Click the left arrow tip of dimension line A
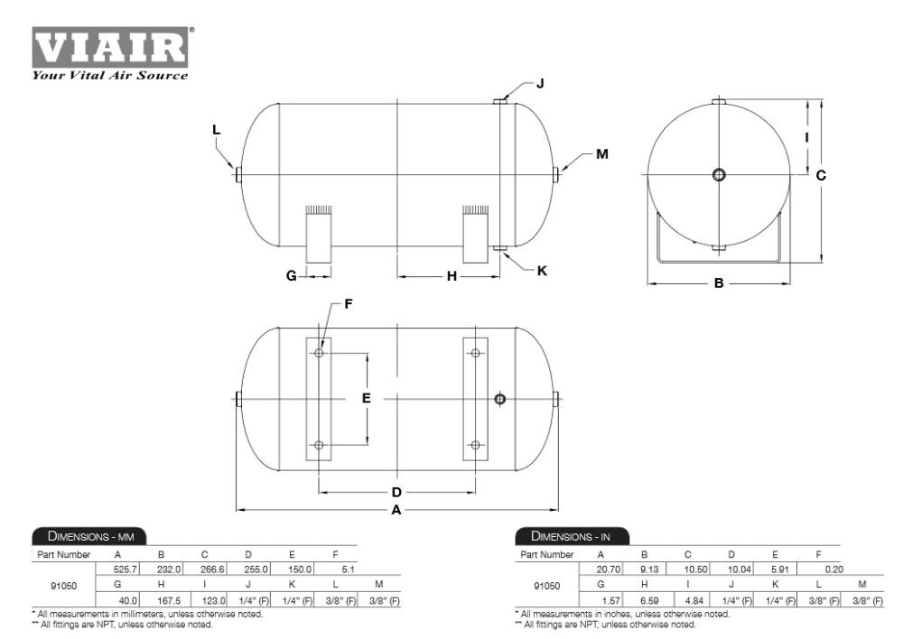click(x=237, y=509)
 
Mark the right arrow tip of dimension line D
click(x=475, y=492)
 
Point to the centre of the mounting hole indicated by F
click(x=319, y=352)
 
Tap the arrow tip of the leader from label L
click(x=233, y=169)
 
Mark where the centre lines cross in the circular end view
click(x=719, y=174)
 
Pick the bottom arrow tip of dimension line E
click(x=368, y=445)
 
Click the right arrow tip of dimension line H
click(x=499, y=276)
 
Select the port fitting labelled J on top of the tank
click(x=499, y=101)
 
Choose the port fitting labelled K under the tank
click(x=499, y=249)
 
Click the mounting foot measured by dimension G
click(x=319, y=234)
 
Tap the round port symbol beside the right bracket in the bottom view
click(x=500, y=398)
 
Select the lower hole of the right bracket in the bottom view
click(x=475, y=445)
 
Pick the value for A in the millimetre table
click(x=126, y=570)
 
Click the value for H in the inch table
click(x=649, y=600)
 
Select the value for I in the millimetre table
click(x=213, y=600)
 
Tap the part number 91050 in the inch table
click(x=546, y=586)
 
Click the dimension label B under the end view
click(x=719, y=282)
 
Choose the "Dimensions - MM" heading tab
click(x=89, y=536)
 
